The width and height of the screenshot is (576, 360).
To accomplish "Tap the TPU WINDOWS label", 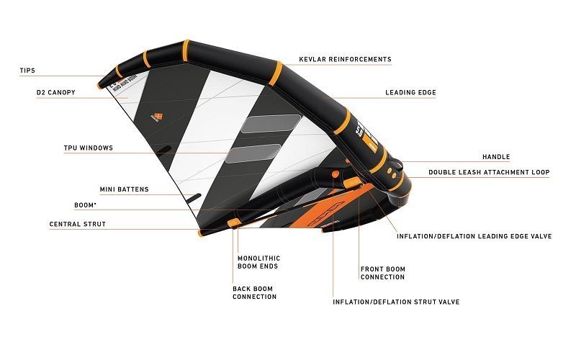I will pyautogui.click(x=87, y=148).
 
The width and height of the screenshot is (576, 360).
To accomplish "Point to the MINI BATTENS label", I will pyautogui.click(x=124, y=189).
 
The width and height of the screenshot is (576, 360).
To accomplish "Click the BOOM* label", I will pyautogui.click(x=86, y=205).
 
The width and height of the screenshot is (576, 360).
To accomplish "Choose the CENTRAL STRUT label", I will pyautogui.click(x=77, y=225).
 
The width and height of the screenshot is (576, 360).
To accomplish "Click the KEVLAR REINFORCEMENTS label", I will pyautogui.click(x=345, y=59).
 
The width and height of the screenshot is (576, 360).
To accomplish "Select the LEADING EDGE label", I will pyautogui.click(x=410, y=93).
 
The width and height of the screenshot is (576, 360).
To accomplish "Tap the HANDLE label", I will pyautogui.click(x=495, y=157).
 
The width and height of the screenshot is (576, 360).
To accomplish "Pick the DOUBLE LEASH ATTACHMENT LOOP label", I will pyautogui.click(x=489, y=173).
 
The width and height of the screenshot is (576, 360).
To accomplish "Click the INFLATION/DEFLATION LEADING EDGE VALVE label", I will pyautogui.click(x=474, y=236).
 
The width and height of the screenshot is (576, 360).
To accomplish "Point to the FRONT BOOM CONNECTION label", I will pyautogui.click(x=382, y=273).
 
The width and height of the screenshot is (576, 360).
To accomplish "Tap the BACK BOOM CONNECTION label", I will pyautogui.click(x=254, y=292).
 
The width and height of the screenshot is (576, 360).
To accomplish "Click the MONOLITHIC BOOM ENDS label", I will pyautogui.click(x=258, y=262).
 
